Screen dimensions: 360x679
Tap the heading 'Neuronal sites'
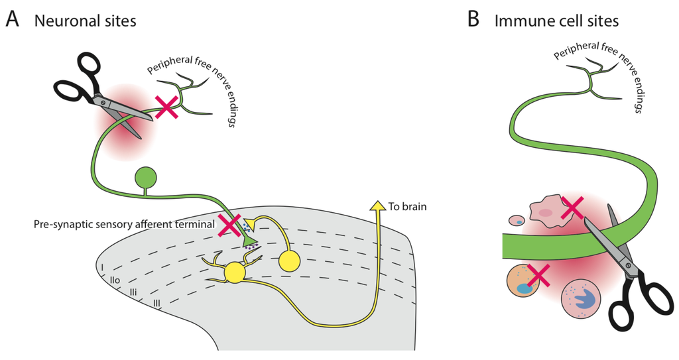pyautogui.click(x=86, y=21)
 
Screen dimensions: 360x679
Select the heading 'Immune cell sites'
pyautogui.click(x=556, y=21)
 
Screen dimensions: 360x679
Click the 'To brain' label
pyautogui.click(x=408, y=206)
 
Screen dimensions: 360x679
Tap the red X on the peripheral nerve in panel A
pyautogui.click(x=166, y=107)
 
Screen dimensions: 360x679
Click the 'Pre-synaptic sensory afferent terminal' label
pyautogui.click(x=124, y=225)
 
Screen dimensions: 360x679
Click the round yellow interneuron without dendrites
pyautogui.click(x=291, y=261)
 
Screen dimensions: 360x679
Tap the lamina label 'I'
pyautogui.click(x=103, y=269)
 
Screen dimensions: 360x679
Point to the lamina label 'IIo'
pyautogui.click(x=115, y=282)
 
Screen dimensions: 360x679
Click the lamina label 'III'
pyautogui.click(x=157, y=304)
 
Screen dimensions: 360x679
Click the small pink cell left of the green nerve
pyautogui.click(x=516, y=221)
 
